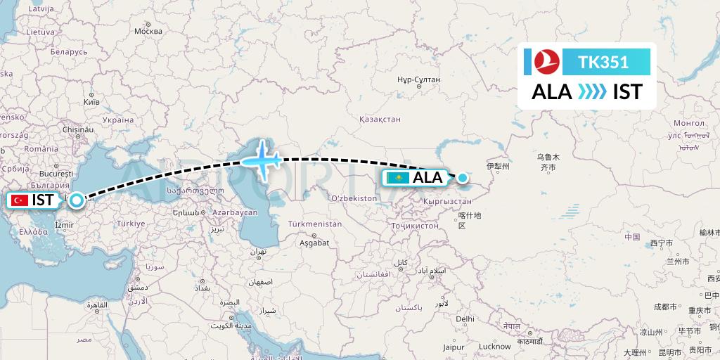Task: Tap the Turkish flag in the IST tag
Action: click(20, 200)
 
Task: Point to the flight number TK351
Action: click(603, 63)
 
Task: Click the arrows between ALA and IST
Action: click(592, 92)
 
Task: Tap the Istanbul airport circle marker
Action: click(75, 200)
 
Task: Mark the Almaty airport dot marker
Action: click(463, 177)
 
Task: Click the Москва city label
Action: click(148, 31)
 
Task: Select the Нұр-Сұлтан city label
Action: click(418, 80)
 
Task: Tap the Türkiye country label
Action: click(130, 224)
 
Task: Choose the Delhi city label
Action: click(464, 319)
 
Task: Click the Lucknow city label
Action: click(494, 346)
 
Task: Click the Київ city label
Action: click(91, 102)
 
